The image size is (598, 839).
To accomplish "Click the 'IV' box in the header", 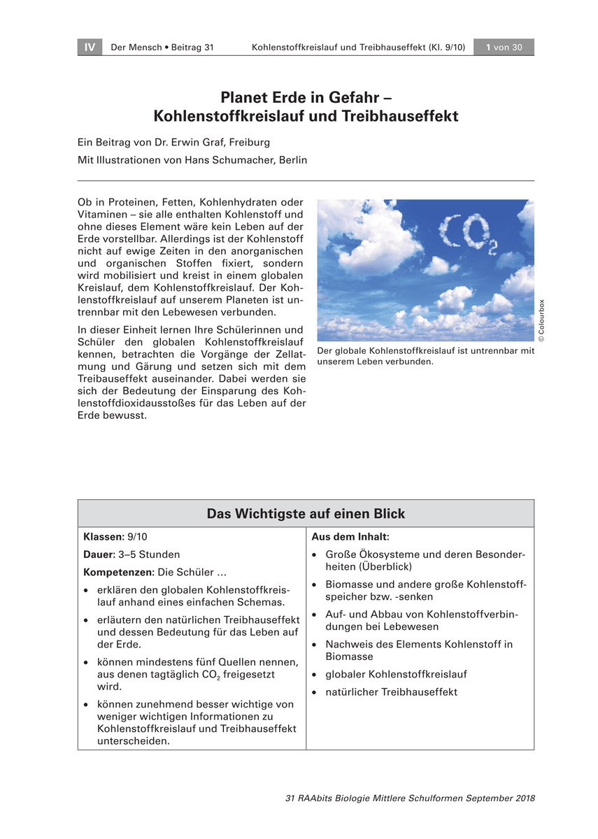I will (x=90, y=48).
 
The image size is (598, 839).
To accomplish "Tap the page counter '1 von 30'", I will (x=504, y=48).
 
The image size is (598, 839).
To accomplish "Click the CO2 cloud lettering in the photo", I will (x=468, y=234).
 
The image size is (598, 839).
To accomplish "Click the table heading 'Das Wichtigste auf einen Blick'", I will (x=306, y=514).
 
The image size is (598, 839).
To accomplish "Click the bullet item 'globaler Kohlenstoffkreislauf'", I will (x=396, y=675).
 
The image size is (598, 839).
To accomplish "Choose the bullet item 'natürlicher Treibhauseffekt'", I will (x=391, y=692).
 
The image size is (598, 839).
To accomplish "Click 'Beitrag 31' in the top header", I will (x=190, y=48).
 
